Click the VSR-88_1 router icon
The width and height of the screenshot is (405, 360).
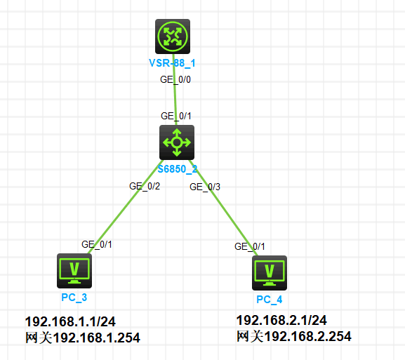click(x=173, y=36)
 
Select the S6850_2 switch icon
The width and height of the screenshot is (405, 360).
click(x=177, y=142)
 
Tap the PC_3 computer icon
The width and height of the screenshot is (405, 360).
click(x=74, y=271)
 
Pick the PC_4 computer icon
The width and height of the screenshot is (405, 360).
click(x=270, y=273)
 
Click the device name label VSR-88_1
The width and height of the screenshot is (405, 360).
click(x=172, y=63)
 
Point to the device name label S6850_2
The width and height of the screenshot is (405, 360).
click(x=177, y=169)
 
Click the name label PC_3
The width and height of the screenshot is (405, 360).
click(x=74, y=298)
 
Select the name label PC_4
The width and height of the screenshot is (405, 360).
click(x=269, y=300)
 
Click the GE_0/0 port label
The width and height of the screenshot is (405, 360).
click(x=175, y=79)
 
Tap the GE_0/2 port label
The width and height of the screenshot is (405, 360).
click(x=145, y=186)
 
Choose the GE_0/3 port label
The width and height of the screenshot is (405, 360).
click(x=205, y=187)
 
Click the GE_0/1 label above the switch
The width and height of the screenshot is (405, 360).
click(x=176, y=116)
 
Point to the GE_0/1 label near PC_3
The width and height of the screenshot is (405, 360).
click(x=97, y=244)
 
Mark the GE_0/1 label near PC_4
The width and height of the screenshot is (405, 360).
click(x=249, y=246)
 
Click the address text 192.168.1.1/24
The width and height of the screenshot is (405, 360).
click(x=70, y=322)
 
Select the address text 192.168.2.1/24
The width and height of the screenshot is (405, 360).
click(x=281, y=320)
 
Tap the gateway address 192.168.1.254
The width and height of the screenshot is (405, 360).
click(x=97, y=338)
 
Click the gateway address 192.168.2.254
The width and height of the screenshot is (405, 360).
click(x=308, y=336)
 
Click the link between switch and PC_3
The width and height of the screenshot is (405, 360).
click(x=125, y=206)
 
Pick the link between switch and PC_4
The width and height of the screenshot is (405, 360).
click(x=223, y=208)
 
